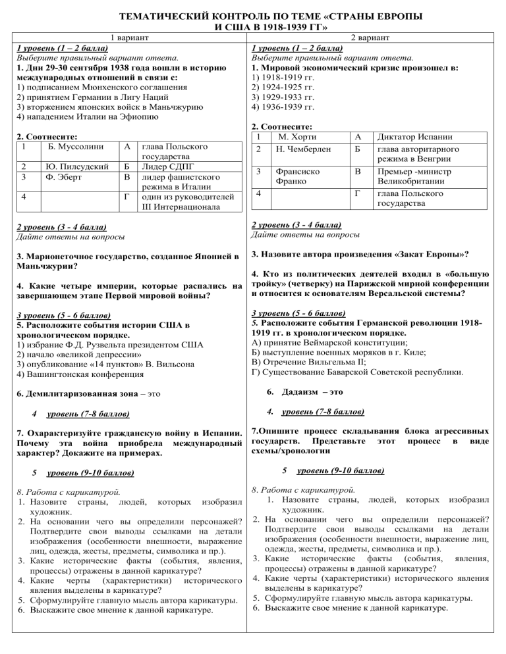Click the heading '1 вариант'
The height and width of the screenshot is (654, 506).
[128, 38]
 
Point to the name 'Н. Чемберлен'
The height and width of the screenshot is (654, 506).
[302, 150]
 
